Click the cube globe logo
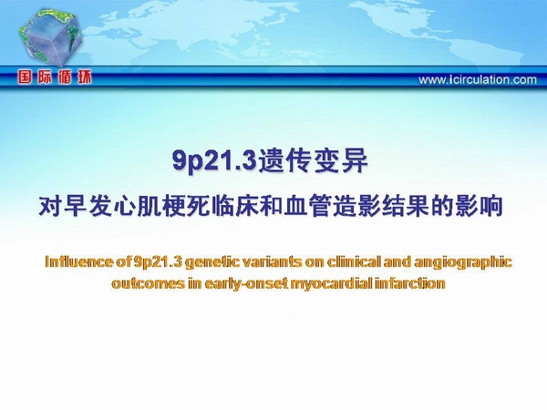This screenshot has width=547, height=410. [x=50, y=37]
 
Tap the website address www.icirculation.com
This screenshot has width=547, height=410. [x=478, y=80]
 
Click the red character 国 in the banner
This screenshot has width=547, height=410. [x=25, y=77]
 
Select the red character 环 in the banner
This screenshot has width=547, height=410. [x=84, y=77]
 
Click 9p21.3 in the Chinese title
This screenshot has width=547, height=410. [x=214, y=160]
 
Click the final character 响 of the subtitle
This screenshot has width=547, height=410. [x=491, y=207]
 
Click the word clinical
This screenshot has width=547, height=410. [x=353, y=262]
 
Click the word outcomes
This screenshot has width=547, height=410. [x=148, y=283]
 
